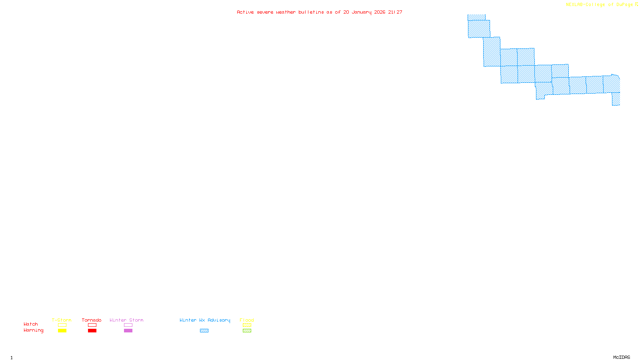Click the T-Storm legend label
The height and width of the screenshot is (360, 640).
pyautogui.click(x=62, y=320)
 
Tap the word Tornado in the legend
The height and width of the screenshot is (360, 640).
pyautogui.click(x=92, y=320)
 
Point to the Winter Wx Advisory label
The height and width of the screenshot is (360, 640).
pyautogui.click(x=205, y=320)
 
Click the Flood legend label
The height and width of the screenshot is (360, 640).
pyautogui.click(x=247, y=320)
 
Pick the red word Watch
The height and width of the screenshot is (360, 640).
pyautogui.click(x=31, y=324)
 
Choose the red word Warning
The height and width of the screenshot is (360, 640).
pyautogui.click(x=34, y=330)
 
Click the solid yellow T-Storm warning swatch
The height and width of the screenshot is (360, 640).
pyautogui.click(x=62, y=331)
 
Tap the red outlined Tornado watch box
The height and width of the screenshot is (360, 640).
pyautogui.click(x=92, y=325)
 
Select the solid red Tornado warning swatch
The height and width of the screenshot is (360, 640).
pyautogui.click(x=92, y=331)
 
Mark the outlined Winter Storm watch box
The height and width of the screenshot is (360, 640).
pyautogui.click(x=128, y=325)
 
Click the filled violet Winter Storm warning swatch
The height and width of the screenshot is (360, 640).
pyautogui.click(x=128, y=331)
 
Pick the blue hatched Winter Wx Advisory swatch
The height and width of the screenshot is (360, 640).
pyautogui.click(x=204, y=331)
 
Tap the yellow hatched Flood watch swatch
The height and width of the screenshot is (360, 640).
pyautogui.click(x=247, y=325)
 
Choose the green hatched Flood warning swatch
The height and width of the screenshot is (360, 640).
pyautogui.click(x=247, y=331)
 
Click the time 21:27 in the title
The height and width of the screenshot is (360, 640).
pyautogui.click(x=395, y=12)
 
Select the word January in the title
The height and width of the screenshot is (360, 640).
pyautogui.click(x=362, y=12)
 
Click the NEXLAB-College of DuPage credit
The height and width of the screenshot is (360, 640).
pyautogui.click(x=600, y=5)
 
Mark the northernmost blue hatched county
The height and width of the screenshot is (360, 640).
pyautogui.click(x=476, y=17)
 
